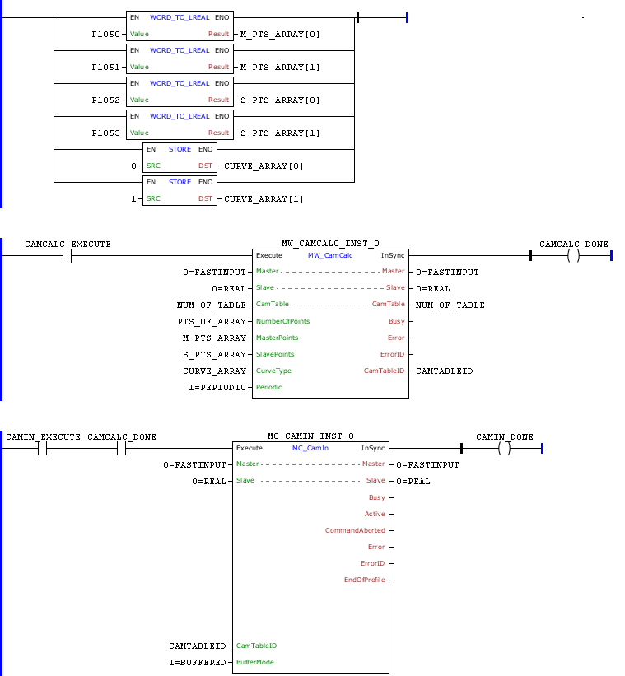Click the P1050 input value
click(x=105, y=34)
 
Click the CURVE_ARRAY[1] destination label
click(x=264, y=198)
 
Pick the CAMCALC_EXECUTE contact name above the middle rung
click(x=68, y=245)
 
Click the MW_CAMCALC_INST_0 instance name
click(x=330, y=245)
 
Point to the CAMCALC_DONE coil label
click(x=574, y=245)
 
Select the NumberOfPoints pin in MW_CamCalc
click(x=282, y=321)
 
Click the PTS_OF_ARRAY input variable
click(x=212, y=321)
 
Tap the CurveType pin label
click(x=273, y=371)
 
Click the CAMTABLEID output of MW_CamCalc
click(x=445, y=371)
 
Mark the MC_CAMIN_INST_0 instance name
click(x=310, y=436)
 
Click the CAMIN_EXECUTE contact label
click(x=43, y=436)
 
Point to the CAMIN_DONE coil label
click(x=505, y=436)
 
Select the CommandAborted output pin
click(x=355, y=530)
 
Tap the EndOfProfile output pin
click(x=364, y=580)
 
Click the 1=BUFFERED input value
click(x=195, y=662)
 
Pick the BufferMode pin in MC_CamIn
click(x=255, y=662)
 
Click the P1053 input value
click(x=105, y=133)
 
